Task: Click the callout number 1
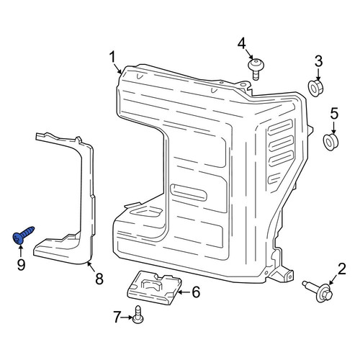(x=112, y=58)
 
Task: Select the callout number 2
(x=342, y=269)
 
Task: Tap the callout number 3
(x=318, y=61)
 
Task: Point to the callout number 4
(x=242, y=44)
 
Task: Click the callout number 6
(x=196, y=292)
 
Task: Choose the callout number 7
(x=117, y=317)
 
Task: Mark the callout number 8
(x=99, y=279)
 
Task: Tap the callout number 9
(x=21, y=265)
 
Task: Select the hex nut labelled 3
(x=315, y=89)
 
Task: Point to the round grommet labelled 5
(x=330, y=142)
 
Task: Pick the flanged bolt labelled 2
(x=318, y=292)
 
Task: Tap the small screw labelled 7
(x=138, y=315)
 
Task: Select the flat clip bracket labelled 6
(x=154, y=287)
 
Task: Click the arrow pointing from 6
(x=184, y=292)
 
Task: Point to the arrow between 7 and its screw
(x=127, y=318)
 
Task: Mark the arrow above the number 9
(x=21, y=251)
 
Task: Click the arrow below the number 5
(x=334, y=127)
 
